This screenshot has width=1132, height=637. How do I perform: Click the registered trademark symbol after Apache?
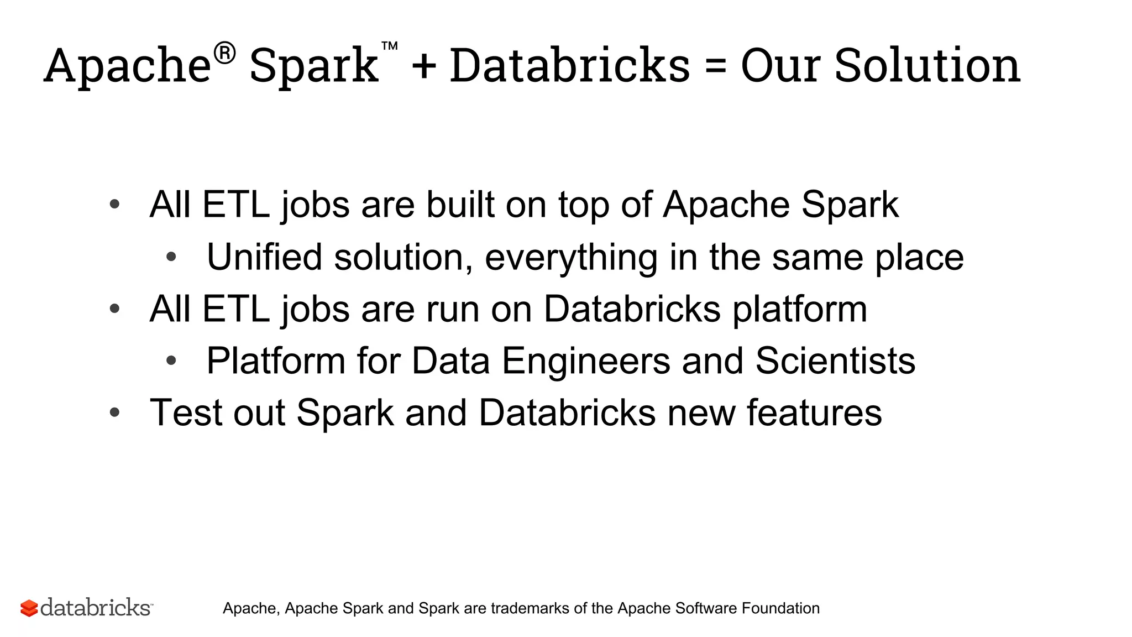pyautogui.click(x=224, y=54)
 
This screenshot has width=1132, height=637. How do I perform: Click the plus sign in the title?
pyautogui.click(x=424, y=67)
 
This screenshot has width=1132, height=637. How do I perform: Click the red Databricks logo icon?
pyautogui.click(x=29, y=608)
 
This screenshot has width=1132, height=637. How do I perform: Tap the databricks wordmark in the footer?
pyautogui.click(x=96, y=607)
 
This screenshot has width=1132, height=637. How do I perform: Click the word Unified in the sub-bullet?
pyautogui.click(x=264, y=257)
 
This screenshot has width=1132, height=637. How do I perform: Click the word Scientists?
pyautogui.click(x=835, y=361)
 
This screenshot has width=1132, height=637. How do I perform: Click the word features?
pyautogui.click(x=814, y=413)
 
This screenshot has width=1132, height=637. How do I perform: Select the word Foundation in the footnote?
pyautogui.click(x=780, y=608)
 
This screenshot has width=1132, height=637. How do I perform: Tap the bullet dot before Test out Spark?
pyautogui.click(x=115, y=413)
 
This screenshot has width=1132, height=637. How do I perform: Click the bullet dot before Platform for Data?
pyautogui.click(x=171, y=361)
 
